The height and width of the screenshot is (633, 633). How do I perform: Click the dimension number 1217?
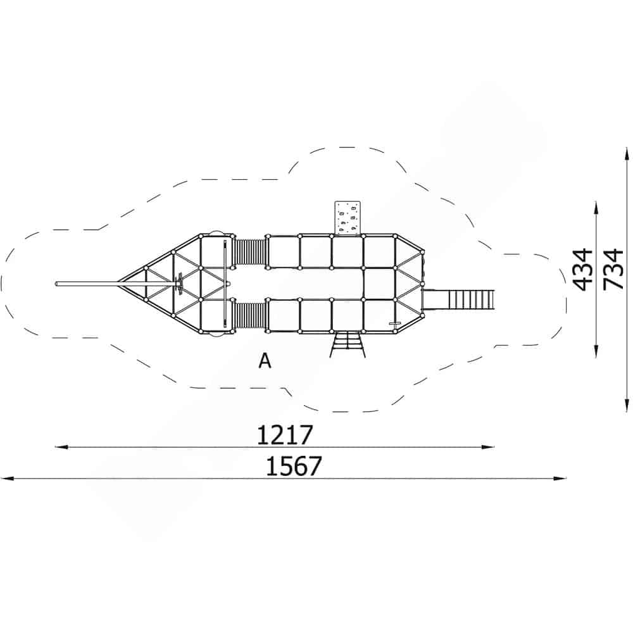285,435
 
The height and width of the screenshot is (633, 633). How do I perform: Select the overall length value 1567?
294,466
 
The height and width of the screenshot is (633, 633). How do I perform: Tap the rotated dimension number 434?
584,270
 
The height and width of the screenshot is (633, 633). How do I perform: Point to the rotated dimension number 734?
613,269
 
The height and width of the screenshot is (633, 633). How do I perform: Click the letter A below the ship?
265,361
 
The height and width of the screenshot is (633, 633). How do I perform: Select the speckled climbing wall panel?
347,218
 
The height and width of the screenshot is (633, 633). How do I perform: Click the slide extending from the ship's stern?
458,299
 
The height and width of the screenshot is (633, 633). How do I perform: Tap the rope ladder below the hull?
347,344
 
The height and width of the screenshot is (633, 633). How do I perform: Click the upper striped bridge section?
250,252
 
